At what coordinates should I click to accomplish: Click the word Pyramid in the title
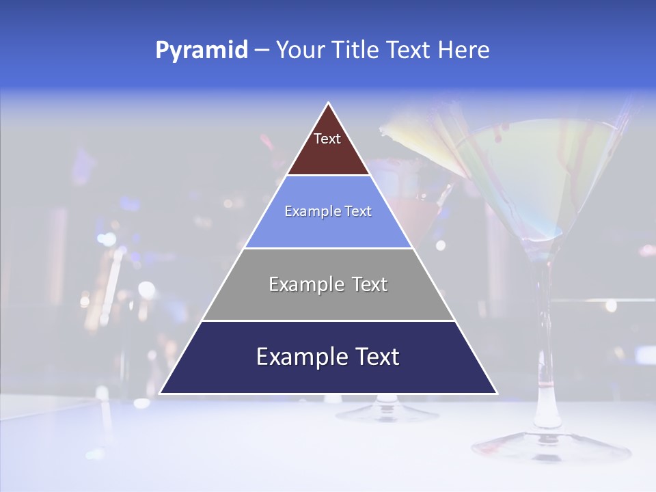tap(202, 51)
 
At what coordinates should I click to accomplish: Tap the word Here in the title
tap(464, 51)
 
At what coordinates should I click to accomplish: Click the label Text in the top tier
tap(327, 139)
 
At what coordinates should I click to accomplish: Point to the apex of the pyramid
tap(329, 103)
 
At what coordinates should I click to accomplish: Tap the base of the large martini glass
tap(550, 448)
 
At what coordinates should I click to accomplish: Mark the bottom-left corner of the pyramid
tap(160, 394)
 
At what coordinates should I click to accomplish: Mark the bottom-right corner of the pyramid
tap(497, 394)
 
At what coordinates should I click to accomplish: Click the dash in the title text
tap(262, 51)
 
